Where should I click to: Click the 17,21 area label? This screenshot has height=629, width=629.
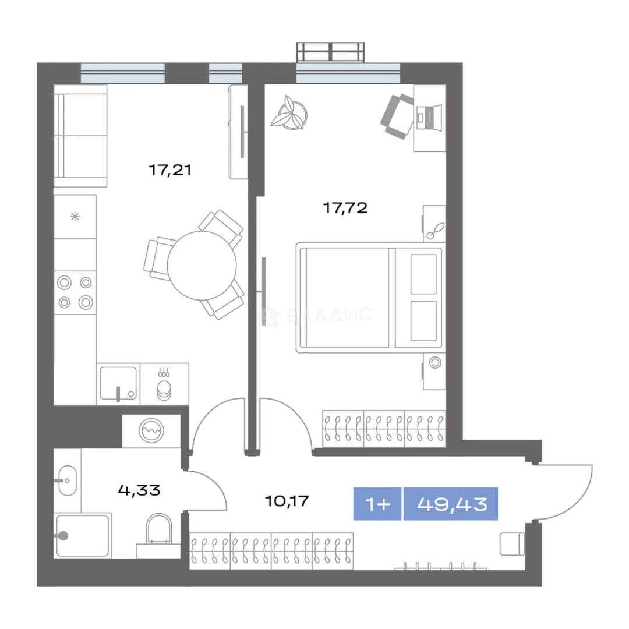click(x=170, y=170)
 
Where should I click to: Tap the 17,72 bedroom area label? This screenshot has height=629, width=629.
click(x=345, y=208)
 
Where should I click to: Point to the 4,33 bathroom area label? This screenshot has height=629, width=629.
click(x=139, y=490)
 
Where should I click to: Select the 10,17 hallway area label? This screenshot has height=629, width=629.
click(x=287, y=501)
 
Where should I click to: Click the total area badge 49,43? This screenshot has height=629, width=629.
click(x=451, y=504)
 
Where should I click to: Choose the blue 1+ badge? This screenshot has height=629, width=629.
click(x=377, y=504)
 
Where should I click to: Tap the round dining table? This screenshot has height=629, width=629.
click(x=202, y=266)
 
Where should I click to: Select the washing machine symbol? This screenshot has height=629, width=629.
click(x=151, y=430)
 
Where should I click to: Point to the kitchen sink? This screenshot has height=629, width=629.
click(x=118, y=383)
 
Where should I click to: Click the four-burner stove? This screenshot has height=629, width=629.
click(x=75, y=292)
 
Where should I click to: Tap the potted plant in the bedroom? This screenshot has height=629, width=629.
click(x=289, y=113)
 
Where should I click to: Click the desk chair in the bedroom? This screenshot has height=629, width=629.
click(x=397, y=116)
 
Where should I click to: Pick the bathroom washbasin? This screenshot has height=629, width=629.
click(x=68, y=480)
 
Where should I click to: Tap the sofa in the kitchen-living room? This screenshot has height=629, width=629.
click(x=80, y=136)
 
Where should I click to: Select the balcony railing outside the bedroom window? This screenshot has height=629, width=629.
click(x=330, y=52)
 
